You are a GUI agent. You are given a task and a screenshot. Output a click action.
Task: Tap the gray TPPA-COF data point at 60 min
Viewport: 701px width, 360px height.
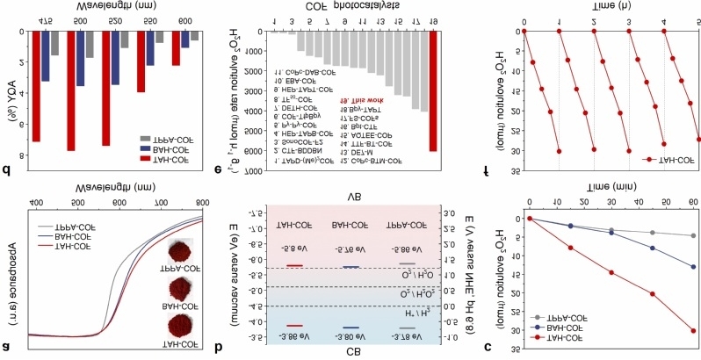click(693, 235)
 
